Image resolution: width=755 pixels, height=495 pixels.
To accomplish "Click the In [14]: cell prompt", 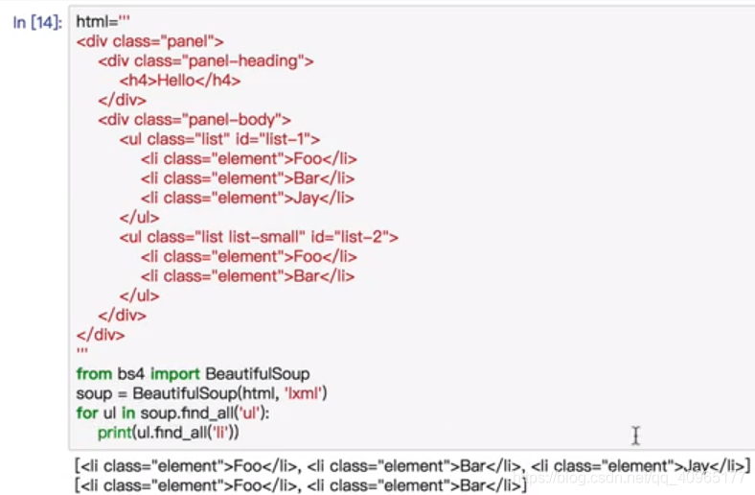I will click(x=37, y=21).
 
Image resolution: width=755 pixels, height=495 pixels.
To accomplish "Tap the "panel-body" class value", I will click(x=241, y=120).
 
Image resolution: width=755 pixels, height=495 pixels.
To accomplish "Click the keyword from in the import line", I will click(x=93, y=373).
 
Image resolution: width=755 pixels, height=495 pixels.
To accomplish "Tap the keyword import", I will click(x=175, y=373).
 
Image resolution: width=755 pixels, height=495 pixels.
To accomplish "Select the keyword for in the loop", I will click(x=86, y=412).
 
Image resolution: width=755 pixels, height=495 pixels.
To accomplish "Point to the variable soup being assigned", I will click(x=93, y=393).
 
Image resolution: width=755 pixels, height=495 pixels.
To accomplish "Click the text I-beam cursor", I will click(x=635, y=436).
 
